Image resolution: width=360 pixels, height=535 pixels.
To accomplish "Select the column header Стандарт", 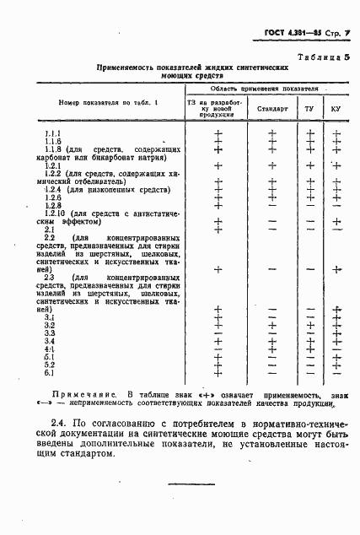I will tap(272, 109).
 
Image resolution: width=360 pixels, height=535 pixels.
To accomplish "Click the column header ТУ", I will tap(309, 109).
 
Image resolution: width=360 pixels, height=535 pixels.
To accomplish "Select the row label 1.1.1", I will tap(52, 134).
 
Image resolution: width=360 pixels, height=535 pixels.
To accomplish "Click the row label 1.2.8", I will tap(53, 206).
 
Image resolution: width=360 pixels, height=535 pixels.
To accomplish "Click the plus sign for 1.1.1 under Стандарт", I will tap(272, 133).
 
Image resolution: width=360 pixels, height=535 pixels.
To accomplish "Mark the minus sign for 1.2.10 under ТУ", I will tap(309, 221).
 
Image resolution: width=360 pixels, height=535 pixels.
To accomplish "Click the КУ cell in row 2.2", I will tap(336, 269).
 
